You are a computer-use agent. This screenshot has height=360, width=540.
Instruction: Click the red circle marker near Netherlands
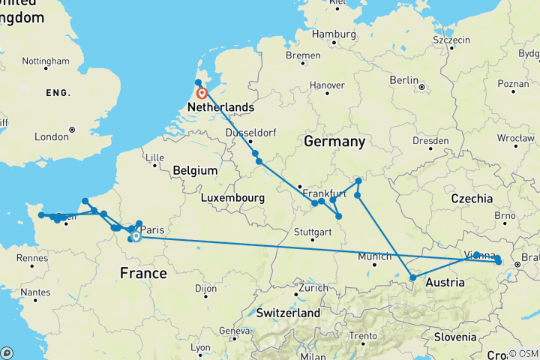pyautogui.click(x=202, y=94)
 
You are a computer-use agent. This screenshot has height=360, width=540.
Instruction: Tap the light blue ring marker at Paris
pyautogui.click(x=136, y=237)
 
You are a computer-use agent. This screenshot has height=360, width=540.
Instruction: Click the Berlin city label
pyautogui.click(x=403, y=80)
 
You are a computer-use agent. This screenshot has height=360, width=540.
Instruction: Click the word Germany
pyautogui.click(x=334, y=142)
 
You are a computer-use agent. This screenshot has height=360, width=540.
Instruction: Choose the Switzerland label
pyautogui.click(x=288, y=313)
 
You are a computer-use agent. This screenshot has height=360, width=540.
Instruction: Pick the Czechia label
pyautogui.click(x=472, y=199)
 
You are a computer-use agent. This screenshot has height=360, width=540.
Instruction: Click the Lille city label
pyautogui.click(x=155, y=157)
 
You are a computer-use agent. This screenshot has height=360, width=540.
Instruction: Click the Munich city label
pyautogui.click(x=375, y=256)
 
